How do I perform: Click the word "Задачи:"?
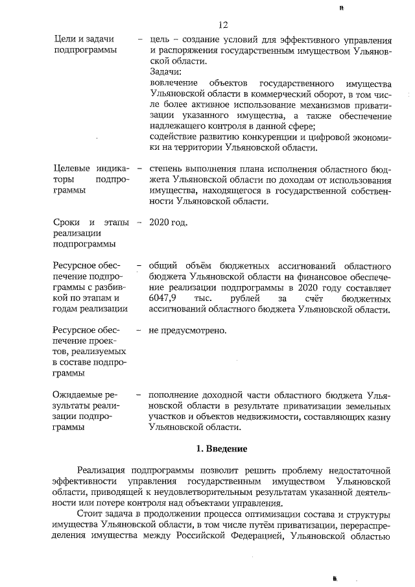(x=165, y=73)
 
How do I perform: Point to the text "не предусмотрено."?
(x=188, y=331)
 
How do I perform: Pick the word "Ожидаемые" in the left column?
(x=77, y=394)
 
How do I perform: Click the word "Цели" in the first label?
(x=65, y=40)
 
